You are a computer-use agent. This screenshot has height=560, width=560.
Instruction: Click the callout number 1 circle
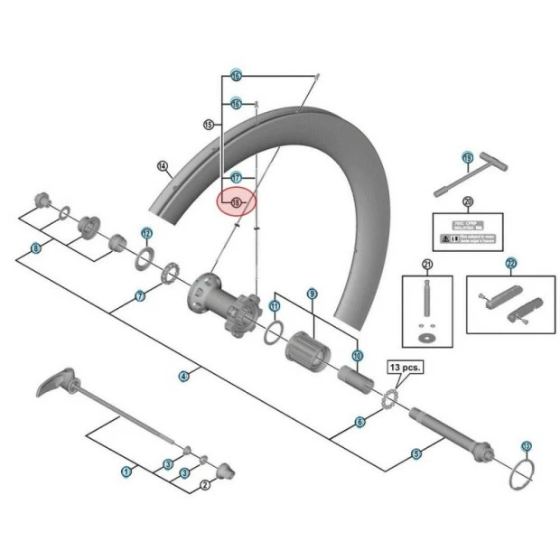126,470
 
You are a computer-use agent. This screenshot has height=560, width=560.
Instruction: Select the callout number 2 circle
205,485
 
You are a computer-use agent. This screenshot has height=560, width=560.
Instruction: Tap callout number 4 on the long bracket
184,375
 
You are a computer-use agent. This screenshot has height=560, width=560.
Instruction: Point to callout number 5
416,453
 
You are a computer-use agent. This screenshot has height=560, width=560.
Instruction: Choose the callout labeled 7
140,296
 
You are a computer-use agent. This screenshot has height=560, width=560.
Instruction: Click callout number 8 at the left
35,248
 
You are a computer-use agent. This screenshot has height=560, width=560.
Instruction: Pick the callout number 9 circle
312,294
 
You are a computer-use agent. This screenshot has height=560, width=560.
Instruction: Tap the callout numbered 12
146,233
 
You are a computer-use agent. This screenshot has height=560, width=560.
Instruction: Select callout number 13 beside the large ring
527,445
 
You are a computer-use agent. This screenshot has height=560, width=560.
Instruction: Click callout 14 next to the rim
163,166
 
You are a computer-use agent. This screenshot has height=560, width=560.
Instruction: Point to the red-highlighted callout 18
238,202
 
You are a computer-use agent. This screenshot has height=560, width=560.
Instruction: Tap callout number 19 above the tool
467,158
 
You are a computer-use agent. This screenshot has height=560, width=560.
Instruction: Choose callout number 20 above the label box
467,201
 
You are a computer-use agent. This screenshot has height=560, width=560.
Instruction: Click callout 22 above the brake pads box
510,264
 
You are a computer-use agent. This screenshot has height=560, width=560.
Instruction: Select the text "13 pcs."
406,368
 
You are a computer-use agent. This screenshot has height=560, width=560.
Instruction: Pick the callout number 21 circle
427,264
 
